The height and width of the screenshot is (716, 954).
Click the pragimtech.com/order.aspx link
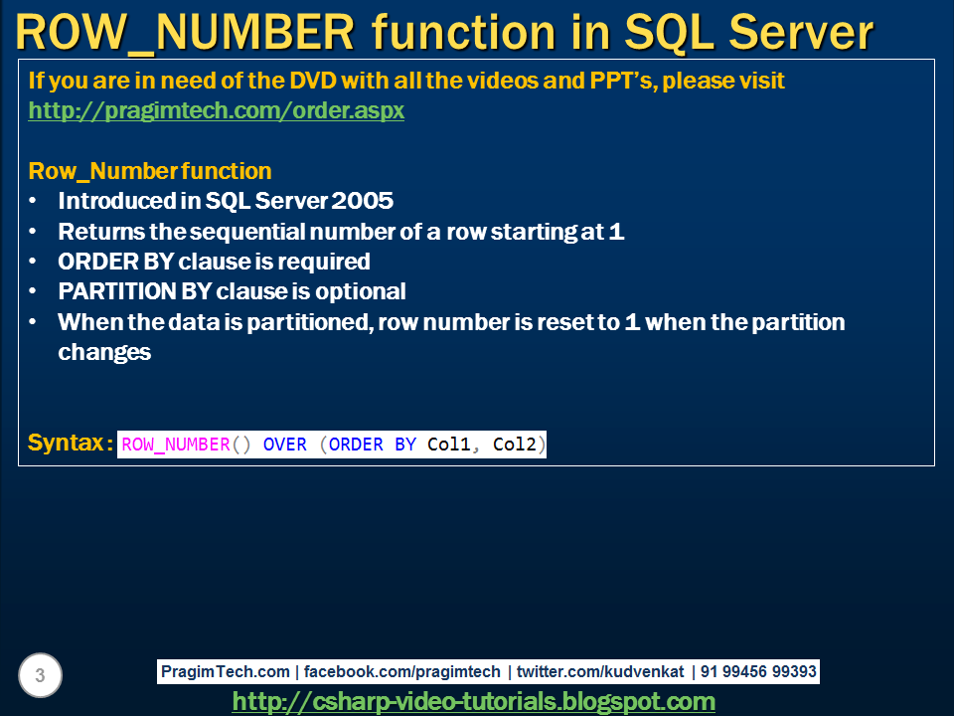point(216,110)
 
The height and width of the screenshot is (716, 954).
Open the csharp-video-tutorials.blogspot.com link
point(473,701)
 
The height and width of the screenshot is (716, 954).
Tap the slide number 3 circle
point(40,676)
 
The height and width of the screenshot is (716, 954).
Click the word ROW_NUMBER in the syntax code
point(175,445)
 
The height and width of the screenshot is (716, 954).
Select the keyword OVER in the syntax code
point(285,445)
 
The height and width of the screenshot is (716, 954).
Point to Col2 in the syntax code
point(515,445)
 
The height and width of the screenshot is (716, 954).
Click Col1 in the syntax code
point(449,445)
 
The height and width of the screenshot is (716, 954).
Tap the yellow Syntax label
point(67,443)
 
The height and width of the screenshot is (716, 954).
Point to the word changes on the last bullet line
point(104,352)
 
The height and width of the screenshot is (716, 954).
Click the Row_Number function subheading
point(150,171)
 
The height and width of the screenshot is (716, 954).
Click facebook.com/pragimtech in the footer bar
point(402,671)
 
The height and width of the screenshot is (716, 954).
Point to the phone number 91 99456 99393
point(758,671)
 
